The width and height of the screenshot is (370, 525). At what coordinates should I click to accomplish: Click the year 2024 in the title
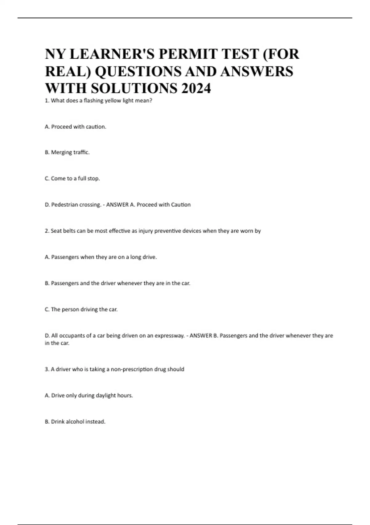point(196,88)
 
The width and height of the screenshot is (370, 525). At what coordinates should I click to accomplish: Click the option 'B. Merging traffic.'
point(67,152)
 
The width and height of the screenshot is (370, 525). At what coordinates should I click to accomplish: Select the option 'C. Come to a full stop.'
point(72,178)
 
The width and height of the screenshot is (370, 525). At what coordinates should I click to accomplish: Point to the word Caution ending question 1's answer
point(181,204)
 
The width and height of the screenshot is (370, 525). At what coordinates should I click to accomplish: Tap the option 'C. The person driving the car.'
point(81,309)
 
